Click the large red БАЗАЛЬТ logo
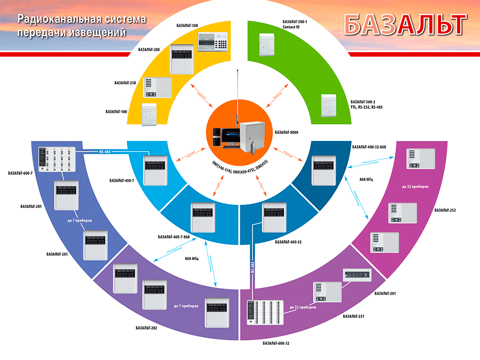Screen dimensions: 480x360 (x=405, y=24)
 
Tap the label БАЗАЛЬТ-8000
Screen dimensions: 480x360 (x=286, y=132)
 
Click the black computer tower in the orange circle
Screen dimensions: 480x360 (x=217, y=137)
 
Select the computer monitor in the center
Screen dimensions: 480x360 (x=231, y=137)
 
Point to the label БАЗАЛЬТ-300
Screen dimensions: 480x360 (x=187, y=26)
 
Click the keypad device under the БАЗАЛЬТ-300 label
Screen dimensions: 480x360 (x=213, y=42)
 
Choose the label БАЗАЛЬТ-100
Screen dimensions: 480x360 (x=116, y=112)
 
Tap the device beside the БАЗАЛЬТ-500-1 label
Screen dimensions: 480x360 (x=267, y=45)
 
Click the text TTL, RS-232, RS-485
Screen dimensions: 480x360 (x=366, y=107)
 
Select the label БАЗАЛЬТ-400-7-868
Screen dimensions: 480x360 (x=174, y=237)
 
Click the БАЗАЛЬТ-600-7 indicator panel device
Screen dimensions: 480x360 (x=57, y=159)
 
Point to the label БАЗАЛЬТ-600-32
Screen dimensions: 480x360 (x=276, y=343)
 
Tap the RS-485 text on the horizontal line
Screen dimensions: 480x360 (x=105, y=152)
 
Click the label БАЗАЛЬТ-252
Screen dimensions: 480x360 (x=445, y=210)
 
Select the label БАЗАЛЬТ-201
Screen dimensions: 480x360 (x=385, y=294)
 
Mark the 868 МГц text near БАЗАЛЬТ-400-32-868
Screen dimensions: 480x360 (x=366, y=179)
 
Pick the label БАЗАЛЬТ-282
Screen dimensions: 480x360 (x=146, y=328)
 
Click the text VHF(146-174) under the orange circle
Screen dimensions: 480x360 (x=222, y=167)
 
